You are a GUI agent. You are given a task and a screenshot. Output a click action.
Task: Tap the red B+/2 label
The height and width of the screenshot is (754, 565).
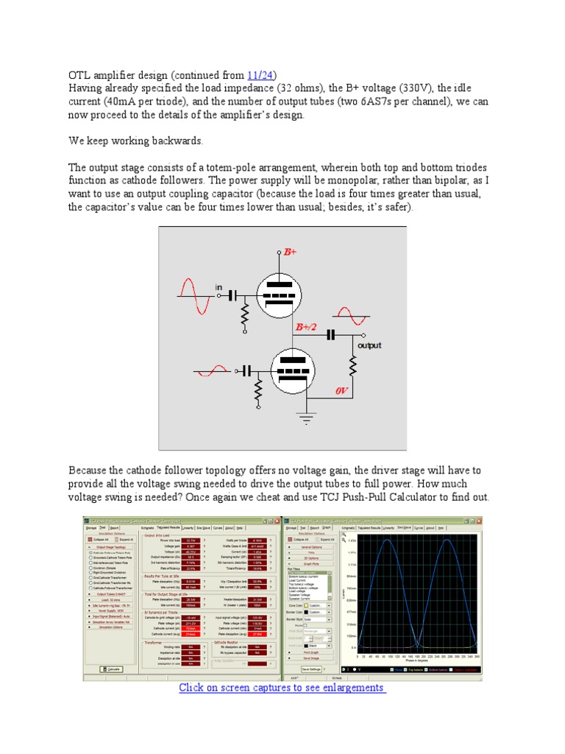[x=305, y=327]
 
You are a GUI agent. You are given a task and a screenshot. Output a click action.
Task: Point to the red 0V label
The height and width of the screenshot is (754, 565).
[x=341, y=391]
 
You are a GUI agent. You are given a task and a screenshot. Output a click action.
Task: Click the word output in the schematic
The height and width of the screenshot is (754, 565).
[x=369, y=345]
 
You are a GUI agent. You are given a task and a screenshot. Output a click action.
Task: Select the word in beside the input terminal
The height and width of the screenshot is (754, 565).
[x=218, y=286]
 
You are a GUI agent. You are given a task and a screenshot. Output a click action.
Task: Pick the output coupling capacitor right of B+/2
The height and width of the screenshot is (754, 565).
[x=331, y=334]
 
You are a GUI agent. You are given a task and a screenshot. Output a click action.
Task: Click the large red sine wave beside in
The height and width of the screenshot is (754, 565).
[x=195, y=295]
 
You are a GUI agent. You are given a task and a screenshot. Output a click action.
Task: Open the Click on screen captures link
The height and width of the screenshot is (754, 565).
[x=282, y=687]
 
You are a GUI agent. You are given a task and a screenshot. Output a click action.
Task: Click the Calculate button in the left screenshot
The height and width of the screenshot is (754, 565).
[x=110, y=669]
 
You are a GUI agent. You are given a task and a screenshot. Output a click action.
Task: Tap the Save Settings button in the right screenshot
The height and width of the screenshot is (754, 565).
[x=311, y=669]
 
